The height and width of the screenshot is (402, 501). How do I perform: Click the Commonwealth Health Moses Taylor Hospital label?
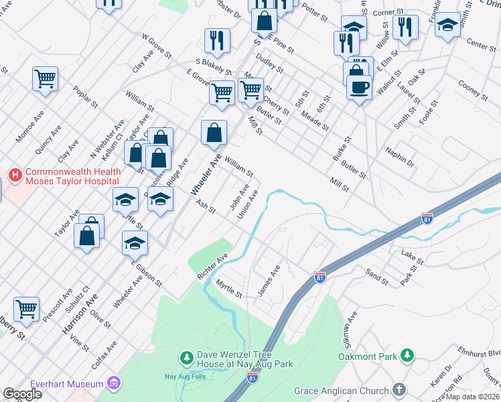(x=73, y=177)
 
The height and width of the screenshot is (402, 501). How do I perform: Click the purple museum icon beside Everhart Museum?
(x=113, y=383)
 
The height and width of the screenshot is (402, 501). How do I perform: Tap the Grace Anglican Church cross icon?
(x=399, y=390)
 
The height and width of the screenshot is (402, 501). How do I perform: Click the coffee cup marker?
(x=359, y=86)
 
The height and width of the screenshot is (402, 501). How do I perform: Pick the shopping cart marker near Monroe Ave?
(x=45, y=78)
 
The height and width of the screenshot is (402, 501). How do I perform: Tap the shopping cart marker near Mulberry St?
(x=26, y=309)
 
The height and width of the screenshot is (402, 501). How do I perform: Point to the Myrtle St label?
(x=228, y=289)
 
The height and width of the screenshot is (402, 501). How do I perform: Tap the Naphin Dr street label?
(x=400, y=157)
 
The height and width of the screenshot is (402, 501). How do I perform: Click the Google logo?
(x=22, y=394)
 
